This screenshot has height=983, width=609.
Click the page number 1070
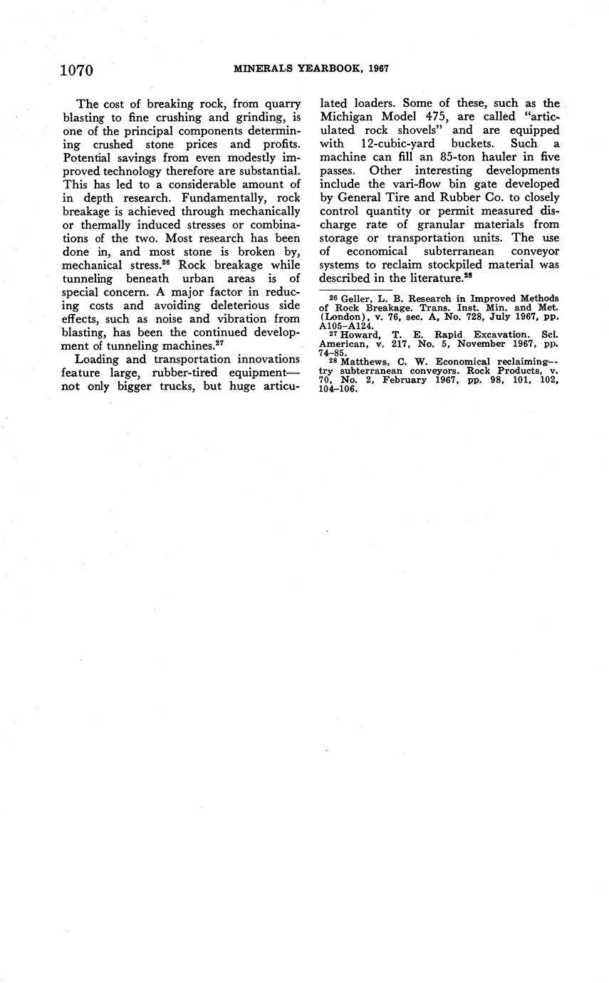(78, 69)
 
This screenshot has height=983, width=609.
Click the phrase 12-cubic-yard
(399, 144)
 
